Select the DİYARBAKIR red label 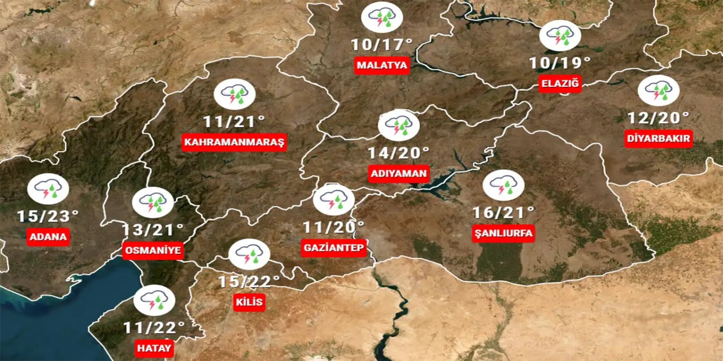point(659,139)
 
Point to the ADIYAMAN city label point(399,173)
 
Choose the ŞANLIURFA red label point(503,233)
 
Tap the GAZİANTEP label point(333,248)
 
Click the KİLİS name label point(249,302)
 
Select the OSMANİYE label point(153,250)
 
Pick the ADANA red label point(48,237)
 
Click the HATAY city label point(154,349)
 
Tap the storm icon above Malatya point(382,17)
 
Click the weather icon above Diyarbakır point(658,90)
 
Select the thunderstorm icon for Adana point(48,189)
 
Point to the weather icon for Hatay point(154,301)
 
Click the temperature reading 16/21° point(503,213)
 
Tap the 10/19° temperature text point(560,62)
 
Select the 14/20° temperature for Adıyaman point(399,152)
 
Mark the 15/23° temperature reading point(47,216)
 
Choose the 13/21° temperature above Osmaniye point(153,230)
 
